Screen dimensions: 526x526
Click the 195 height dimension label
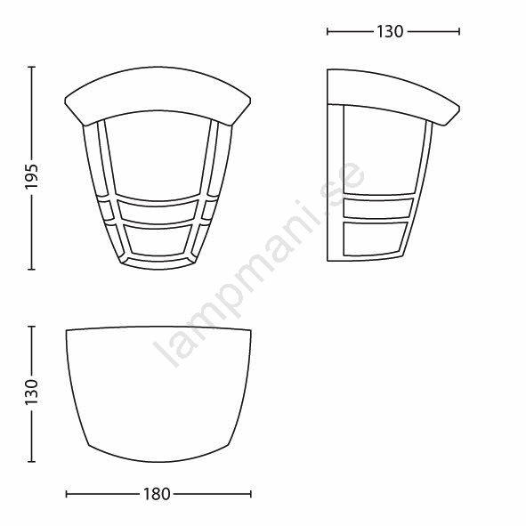pos(31,177)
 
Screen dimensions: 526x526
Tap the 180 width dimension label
pos(157,494)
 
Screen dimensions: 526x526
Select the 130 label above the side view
pos(390,32)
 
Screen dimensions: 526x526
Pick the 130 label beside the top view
pos(31,392)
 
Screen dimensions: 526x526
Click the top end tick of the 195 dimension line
pos(31,67)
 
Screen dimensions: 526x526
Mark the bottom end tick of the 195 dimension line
pos(31,269)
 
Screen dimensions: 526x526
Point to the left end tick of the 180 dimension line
pos(67,494)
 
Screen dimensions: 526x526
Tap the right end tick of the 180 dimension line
pos(251,494)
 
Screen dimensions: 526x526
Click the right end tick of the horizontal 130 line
pos(458,32)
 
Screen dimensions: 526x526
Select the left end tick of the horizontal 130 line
pos(328,32)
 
